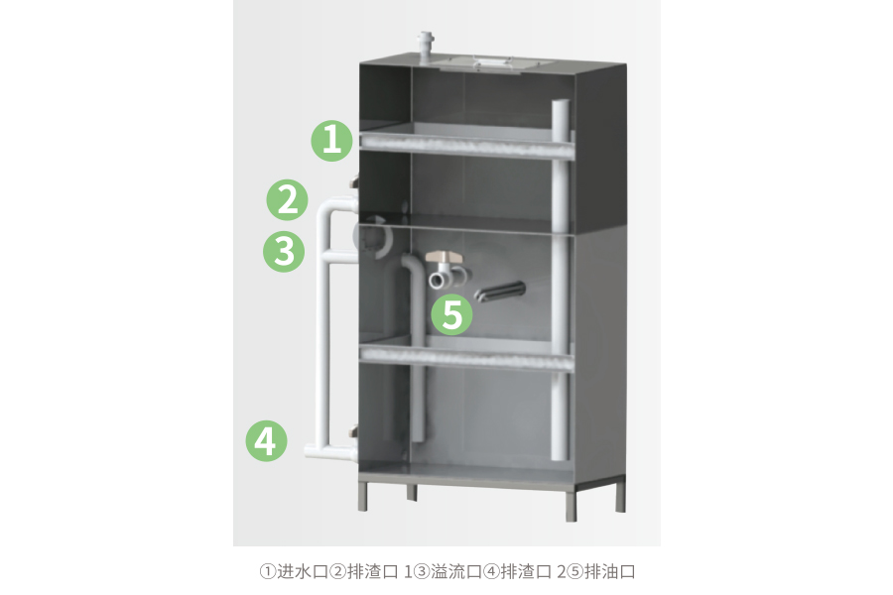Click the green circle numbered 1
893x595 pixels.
click(x=332, y=140)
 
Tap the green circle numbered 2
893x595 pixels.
click(x=287, y=200)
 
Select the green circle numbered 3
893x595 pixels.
click(x=284, y=251)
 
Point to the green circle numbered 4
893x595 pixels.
click(x=267, y=440)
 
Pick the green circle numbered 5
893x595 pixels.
click(x=452, y=314)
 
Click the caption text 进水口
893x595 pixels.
click(x=303, y=571)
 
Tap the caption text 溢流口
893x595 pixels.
click(x=456, y=571)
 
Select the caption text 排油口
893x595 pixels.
click(x=610, y=571)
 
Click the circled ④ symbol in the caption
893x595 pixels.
click(x=491, y=571)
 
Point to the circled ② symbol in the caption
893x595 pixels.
click(x=338, y=571)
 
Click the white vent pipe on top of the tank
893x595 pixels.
click(x=426, y=46)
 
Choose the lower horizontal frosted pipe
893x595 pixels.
click(x=467, y=357)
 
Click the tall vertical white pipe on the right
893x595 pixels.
click(x=561, y=279)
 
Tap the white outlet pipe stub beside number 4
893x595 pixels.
click(x=330, y=451)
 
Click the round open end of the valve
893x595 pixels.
click(x=438, y=280)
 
